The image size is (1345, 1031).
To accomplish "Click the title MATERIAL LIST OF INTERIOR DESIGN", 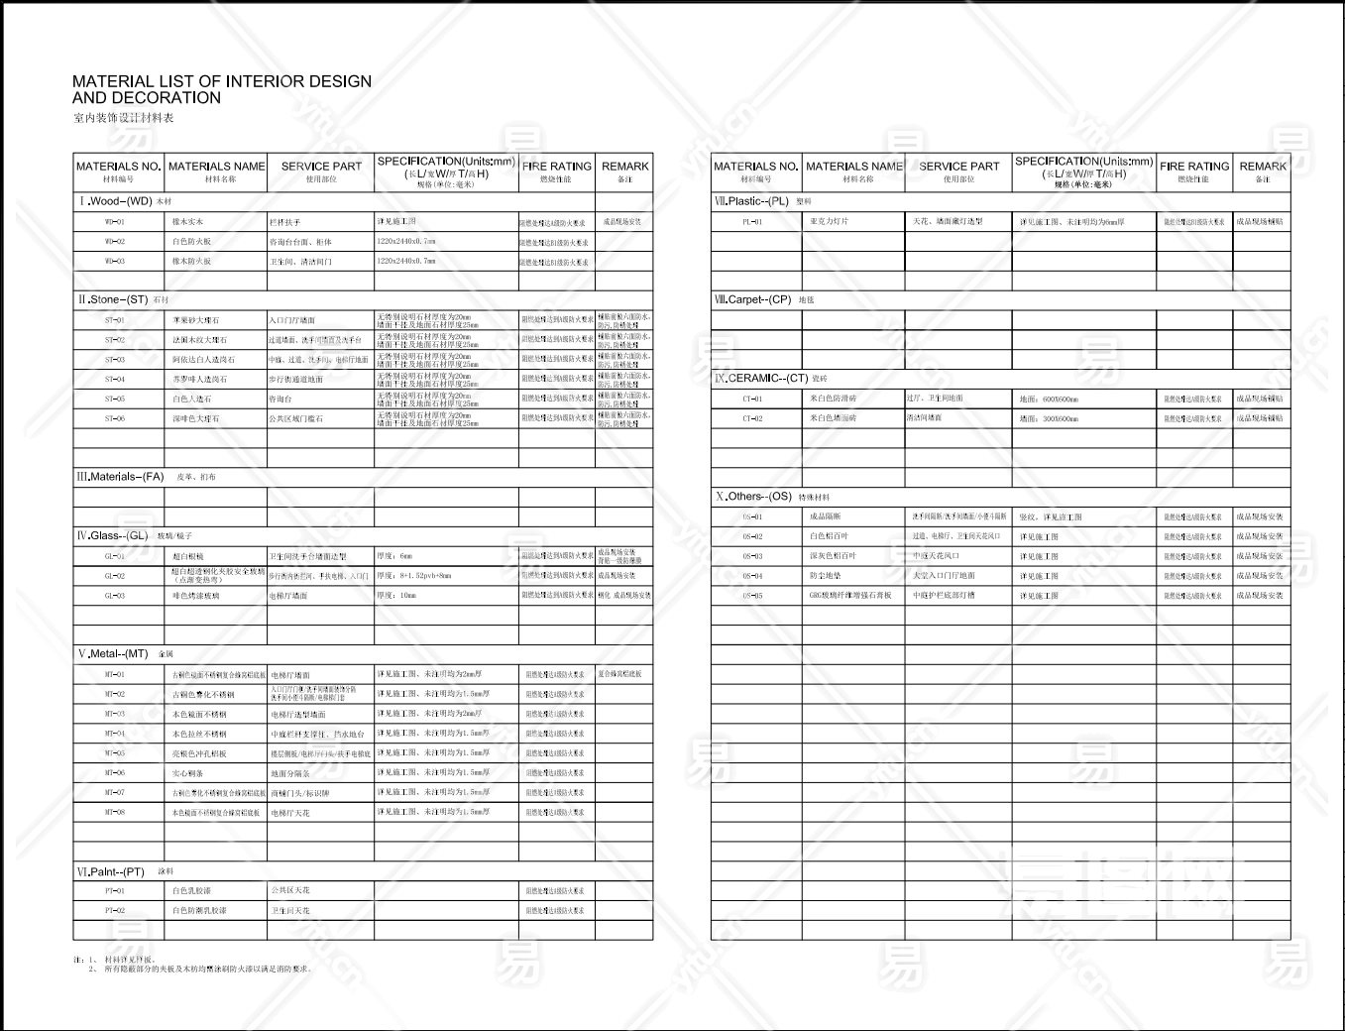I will pyautogui.click(x=222, y=81).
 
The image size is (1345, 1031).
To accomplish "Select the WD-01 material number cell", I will pyautogui.click(x=115, y=222).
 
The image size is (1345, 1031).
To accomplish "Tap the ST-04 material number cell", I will pyautogui.click(x=115, y=380).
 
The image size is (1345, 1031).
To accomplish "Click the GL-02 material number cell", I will pyautogui.click(x=115, y=576).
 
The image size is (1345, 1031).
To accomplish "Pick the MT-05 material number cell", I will pyautogui.click(x=115, y=753).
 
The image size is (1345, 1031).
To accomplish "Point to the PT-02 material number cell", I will pyautogui.click(x=115, y=910).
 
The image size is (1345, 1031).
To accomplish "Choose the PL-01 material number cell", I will pyautogui.click(x=753, y=222).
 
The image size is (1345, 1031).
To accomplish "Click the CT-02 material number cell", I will pyautogui.click(x=753, y=418).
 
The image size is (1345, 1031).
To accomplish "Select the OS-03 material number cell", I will pyautogui.click(x=753, y=556).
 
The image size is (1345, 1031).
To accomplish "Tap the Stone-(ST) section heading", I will pyautogui.click(x=114, y=299).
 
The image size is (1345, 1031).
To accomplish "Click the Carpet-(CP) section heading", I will pyautogui.click(x=753, y=299).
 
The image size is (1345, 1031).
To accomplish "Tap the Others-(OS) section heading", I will pyautogui.click(x=755, y=497).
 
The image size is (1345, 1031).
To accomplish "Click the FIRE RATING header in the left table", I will pyautogui.click(x=556, y=167).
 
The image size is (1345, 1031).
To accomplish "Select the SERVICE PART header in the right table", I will pyautogui.click(x=958, y=167).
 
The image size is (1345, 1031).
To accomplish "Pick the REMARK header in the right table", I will pyautogui.click(x=1262, y=167).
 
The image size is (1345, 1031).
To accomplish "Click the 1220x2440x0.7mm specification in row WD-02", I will pyautogui.click(x=406, y=242).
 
